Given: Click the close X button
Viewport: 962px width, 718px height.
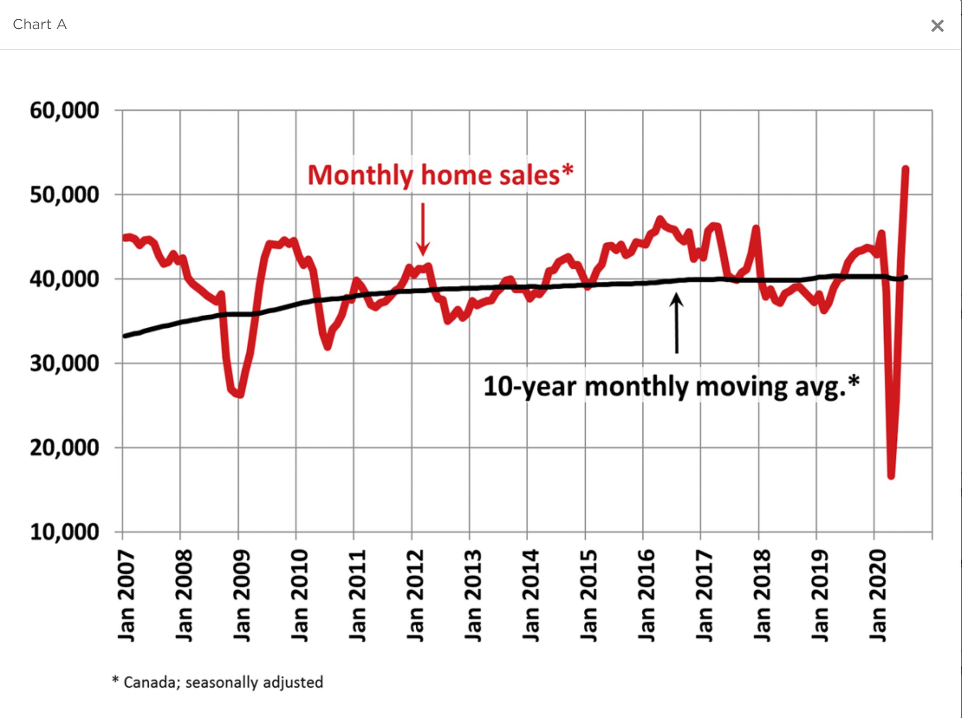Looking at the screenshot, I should click(x=937, y=25).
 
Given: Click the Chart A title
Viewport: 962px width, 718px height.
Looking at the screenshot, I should click(x=40, y=25).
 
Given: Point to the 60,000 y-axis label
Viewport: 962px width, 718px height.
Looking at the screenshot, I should click(x=64, y=110).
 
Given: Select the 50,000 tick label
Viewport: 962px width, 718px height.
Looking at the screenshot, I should click(x=64, y=195).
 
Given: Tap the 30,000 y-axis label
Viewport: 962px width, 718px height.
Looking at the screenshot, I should click(x=64, y=363).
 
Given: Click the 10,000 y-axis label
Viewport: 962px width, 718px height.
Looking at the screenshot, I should click(x=64, y=532).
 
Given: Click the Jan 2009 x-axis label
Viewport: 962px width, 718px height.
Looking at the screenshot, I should click(x=241, y=596).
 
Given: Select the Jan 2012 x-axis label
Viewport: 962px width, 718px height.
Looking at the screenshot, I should click(x=415, y=596).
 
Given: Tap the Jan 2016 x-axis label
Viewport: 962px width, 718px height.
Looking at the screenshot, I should click(x=646, y=596).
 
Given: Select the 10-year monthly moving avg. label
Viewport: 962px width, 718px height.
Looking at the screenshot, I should click(x=671, y=386).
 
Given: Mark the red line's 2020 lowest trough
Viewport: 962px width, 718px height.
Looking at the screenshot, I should click(x=891, y=476).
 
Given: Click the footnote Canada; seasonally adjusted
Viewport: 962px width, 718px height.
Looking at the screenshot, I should click(x=218, y=682).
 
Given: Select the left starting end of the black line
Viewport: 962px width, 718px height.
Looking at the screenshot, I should click(x=125, y=336).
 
